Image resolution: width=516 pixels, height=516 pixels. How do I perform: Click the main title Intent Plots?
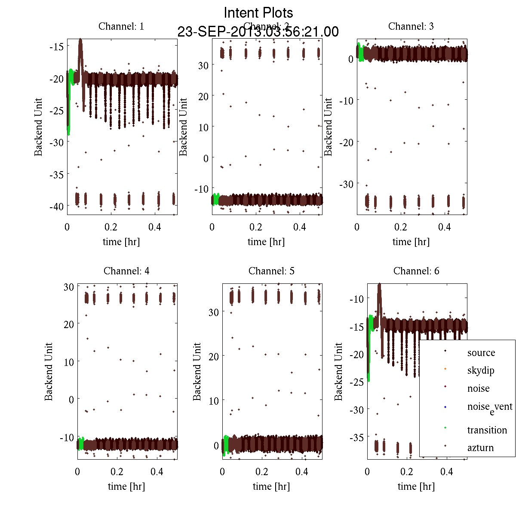coord(258,12)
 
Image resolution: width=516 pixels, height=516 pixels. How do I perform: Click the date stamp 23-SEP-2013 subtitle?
coord(258,32)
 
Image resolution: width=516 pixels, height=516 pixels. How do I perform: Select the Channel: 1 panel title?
coord(121,26)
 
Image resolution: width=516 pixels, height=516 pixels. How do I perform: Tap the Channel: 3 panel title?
coord(411,26)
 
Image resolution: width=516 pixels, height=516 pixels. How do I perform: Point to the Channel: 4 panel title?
coord(126,271)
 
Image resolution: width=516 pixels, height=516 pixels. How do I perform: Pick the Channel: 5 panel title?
coord(271,271)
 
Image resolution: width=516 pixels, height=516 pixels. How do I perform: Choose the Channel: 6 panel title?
coord(416,271)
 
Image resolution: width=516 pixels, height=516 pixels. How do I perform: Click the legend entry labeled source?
coord(481,353)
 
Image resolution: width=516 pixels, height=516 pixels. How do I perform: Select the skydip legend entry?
coord(481,371)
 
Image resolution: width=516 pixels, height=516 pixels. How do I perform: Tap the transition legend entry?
coord(487,430)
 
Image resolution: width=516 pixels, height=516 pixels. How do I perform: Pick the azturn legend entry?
coord(480,448)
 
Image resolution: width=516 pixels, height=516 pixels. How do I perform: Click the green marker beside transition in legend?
coord(445,428)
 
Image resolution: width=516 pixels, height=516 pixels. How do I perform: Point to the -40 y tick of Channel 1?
coord(55,207)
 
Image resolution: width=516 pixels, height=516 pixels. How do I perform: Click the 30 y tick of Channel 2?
coord(203,65)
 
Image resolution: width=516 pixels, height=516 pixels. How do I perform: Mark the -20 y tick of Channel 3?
coord(346,142)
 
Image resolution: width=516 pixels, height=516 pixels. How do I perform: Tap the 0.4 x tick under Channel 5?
coord(302,472)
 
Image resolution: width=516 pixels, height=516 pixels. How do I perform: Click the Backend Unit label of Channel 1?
coord(39,127)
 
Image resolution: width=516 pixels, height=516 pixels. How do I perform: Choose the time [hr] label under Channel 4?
coord(126,486)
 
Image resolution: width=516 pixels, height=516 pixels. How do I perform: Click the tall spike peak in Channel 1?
coord(80,40)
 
